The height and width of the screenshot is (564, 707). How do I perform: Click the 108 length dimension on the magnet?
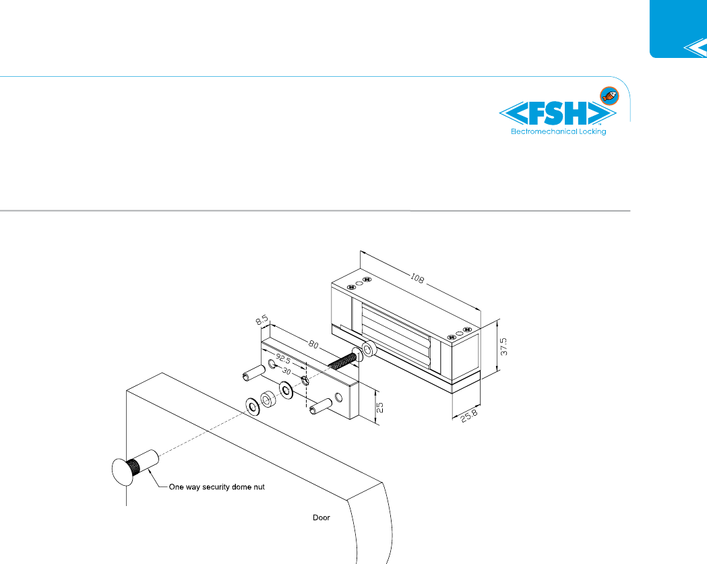(x=419, y=278)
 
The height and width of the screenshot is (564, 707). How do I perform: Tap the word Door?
(x=321, y=518)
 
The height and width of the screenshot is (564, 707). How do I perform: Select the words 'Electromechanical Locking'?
(x=558, y=131)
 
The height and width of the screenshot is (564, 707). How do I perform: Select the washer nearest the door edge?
(x=255, y=406)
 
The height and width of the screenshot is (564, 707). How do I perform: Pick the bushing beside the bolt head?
(x=369, y=350)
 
